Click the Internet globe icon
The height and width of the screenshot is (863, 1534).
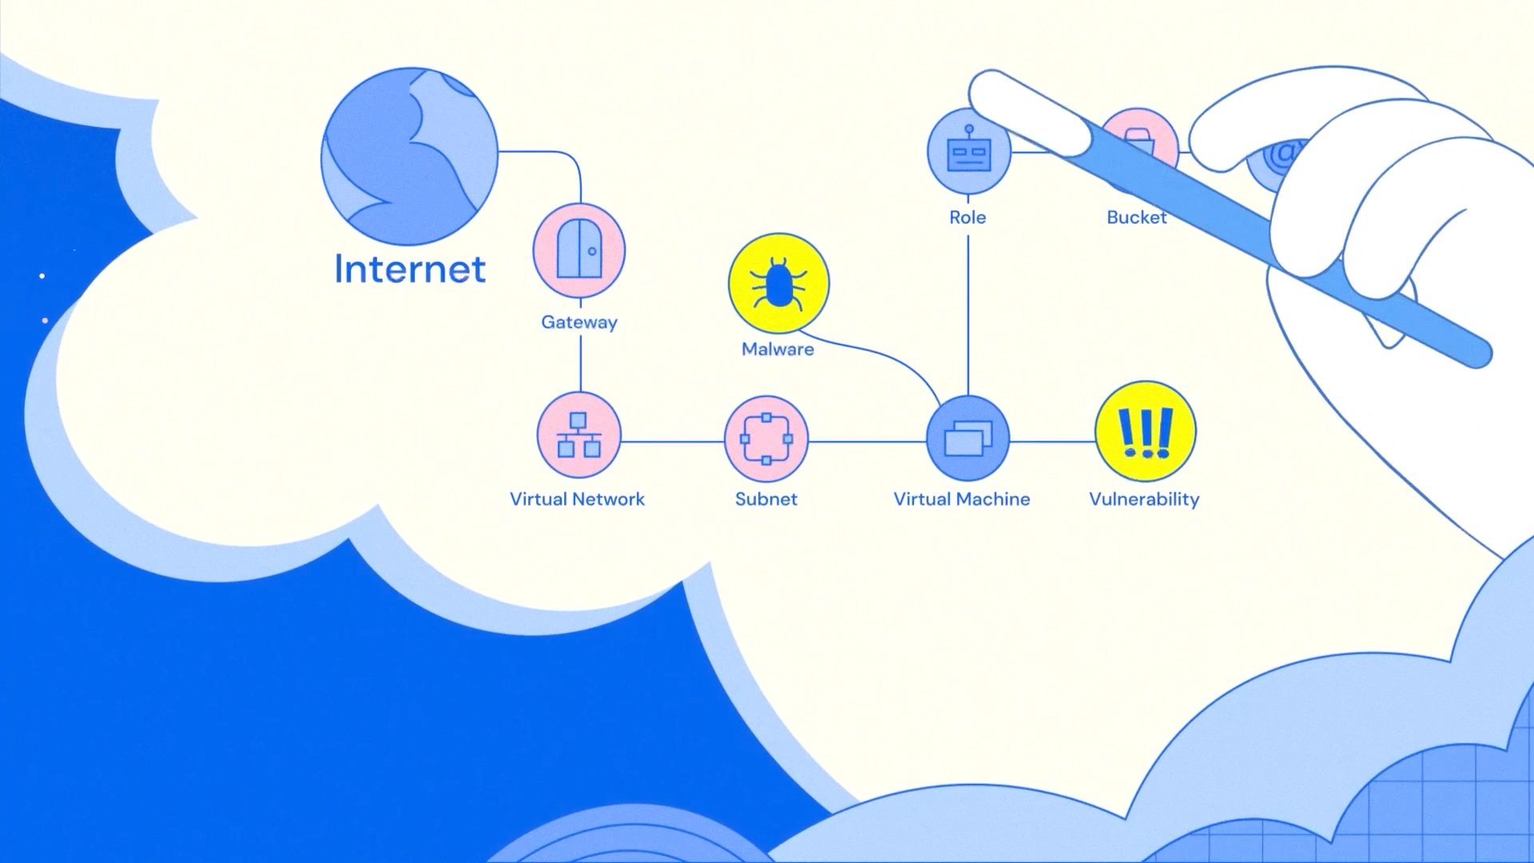point(409,156)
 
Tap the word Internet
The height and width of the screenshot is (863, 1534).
point(410,268)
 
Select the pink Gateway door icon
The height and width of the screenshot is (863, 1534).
point(579,251)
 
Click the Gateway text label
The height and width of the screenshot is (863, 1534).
point(579,322)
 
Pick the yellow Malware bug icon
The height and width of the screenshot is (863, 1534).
point(779,284)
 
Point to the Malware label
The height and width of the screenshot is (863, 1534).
point(778,349)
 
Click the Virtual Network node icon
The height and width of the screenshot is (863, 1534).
point(579,435)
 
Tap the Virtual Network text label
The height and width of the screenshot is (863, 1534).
point(577,499)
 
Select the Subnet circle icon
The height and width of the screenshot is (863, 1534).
point(766,439)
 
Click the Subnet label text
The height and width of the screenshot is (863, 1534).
point(766,499)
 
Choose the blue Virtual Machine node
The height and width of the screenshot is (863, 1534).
point(968,439)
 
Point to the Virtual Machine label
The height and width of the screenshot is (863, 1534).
point(962,499)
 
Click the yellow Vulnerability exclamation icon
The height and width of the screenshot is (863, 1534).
point(1146,431)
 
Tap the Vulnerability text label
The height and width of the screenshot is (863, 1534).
point(1144,499)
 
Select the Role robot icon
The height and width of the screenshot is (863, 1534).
point(968,152)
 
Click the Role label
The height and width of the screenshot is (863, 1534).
point(968,217)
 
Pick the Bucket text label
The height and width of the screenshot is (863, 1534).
point(1137,217)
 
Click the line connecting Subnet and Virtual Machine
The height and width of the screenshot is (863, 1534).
point(868,441)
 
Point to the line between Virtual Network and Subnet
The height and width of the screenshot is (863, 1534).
point(673,441)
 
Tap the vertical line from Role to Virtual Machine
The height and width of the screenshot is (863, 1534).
point(968,316)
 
